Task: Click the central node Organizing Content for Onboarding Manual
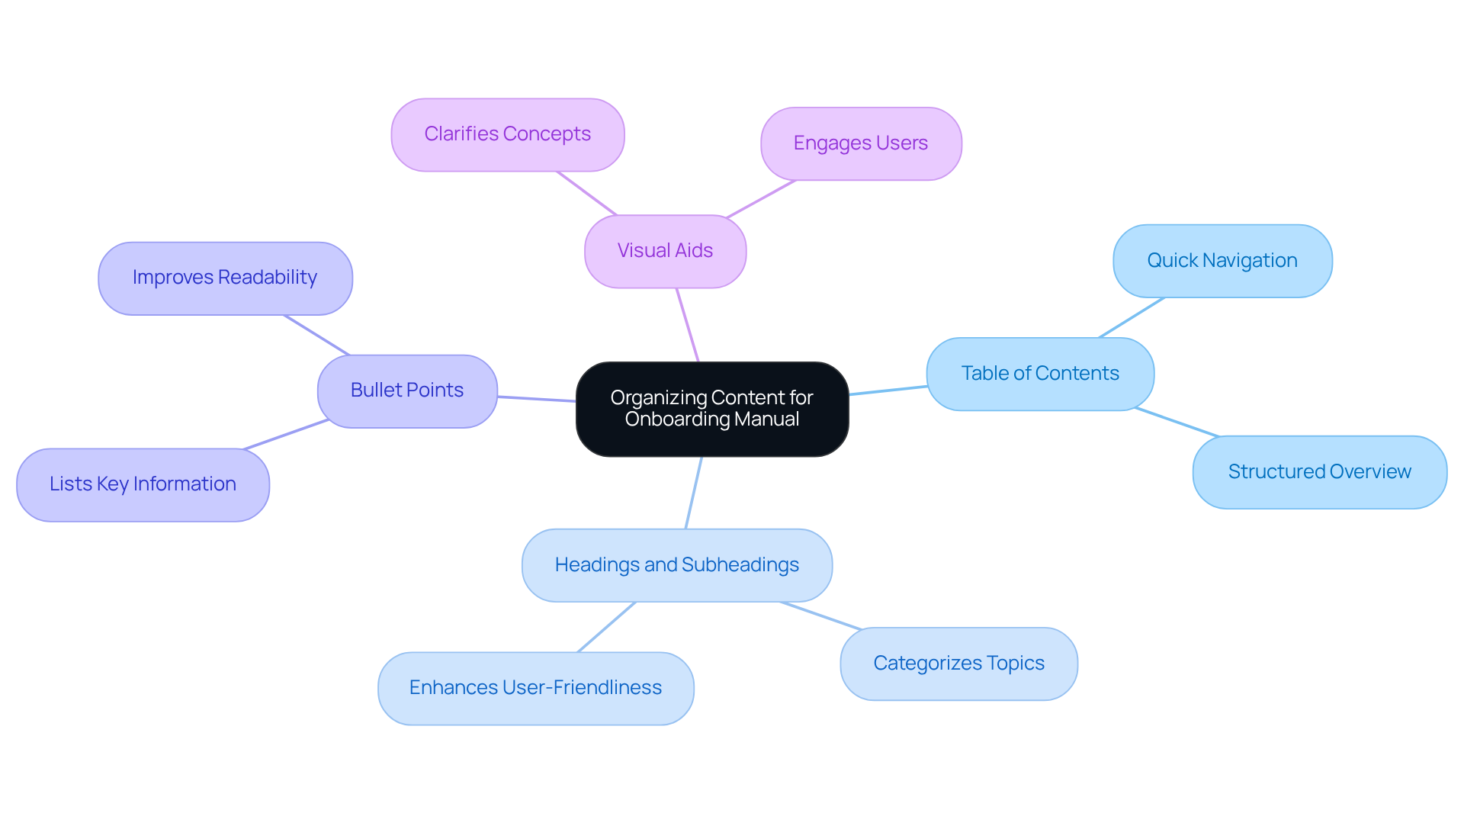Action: pyautogui.click(x=711, y=409)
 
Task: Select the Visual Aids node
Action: pyautogui.click(x=665, y=251)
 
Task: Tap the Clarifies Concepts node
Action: pyautogui.click(x=507, y=134)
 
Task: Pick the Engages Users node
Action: pyautogui.click(x=860, y=143)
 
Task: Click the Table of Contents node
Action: pyautogui.click(x=1039, y=374)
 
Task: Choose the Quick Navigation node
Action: pyautogui.click(x=1222, y=261)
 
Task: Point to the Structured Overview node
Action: pyautogui.click(x=1319, y=472)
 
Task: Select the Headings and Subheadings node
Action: pyautogui.click(x=676, y=565)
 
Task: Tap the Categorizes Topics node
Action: pyautogui.click(x=958, y=664)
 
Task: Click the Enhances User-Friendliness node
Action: pyautogui.click(x=535, y=688)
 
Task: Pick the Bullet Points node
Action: pyautogui.click(x=407, y=391)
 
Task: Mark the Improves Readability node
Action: pyautogui.click(x=225, y=278)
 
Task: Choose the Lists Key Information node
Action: pyautogui.click(x=143, y=484)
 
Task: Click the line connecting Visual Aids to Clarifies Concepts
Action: pyautogui.click(x=586, y=193)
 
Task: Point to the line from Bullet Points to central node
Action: pyautogui.click(x=537, y=399)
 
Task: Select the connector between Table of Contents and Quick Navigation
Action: pyautogui.click(x=1132, y=317)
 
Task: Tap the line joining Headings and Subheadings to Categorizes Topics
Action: pyautogui.click(x=821, y=615)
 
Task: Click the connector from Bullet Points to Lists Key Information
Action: pyautogui.click(x=286, y=435)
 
